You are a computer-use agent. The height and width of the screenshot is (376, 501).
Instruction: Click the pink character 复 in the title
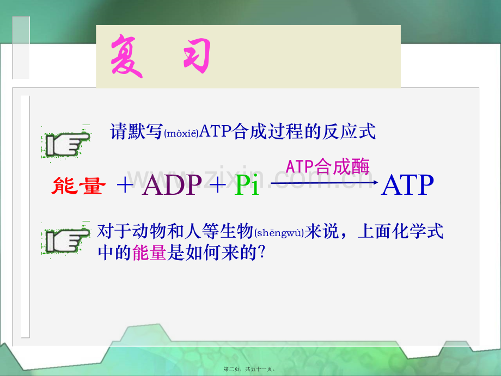[126, 56]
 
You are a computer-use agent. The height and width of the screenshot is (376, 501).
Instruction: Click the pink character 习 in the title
[197, 55]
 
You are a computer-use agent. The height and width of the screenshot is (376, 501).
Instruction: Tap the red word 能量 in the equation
[78, 186]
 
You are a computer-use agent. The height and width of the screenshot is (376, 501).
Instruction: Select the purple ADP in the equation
[172, 185]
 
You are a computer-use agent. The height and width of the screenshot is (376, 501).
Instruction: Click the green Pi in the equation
[247, 185]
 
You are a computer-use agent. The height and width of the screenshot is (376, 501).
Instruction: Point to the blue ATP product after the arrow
[408, 185]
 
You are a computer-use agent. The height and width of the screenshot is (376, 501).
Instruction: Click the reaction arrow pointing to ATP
[325, 183]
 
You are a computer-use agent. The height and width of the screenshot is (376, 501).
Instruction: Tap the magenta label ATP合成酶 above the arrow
[327, 167]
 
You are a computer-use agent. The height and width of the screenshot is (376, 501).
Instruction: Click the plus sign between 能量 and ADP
[125, 185]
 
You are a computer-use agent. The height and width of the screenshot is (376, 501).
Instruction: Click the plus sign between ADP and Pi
[218, 185]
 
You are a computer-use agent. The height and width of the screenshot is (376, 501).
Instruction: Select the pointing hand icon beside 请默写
[66, 143]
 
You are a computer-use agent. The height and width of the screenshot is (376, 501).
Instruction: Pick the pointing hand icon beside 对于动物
[66, 239]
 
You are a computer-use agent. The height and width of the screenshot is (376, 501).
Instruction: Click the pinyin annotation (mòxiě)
[181, 133]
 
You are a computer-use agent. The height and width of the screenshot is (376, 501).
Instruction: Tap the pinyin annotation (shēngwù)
[279, 232]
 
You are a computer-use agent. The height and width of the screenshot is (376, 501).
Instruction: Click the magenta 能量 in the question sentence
[149, 253]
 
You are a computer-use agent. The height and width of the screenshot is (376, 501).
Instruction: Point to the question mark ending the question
[262, 252]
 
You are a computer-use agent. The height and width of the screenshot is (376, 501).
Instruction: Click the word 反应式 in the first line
[349, 132]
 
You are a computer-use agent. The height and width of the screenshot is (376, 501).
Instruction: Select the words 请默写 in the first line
[137, 132]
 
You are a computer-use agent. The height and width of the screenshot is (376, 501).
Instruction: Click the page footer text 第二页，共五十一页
[249, 369]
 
